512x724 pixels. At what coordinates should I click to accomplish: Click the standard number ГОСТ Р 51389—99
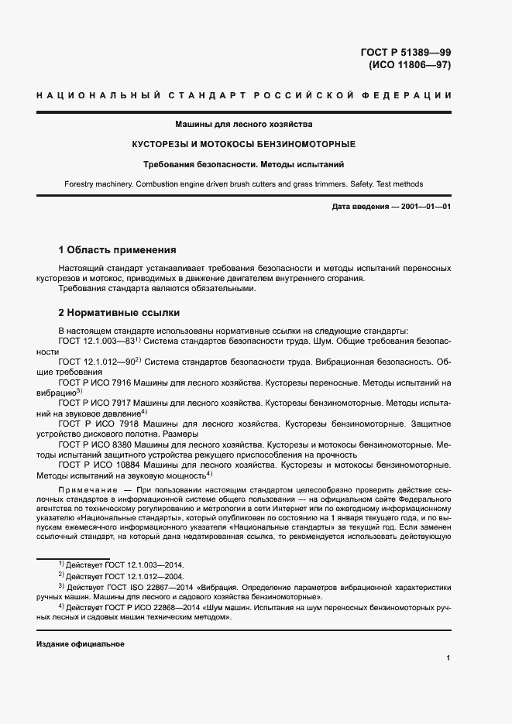406,53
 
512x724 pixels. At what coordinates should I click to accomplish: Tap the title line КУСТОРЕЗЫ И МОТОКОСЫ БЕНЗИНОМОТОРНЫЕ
243,144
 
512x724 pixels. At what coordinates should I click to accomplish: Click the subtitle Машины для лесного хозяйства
243,124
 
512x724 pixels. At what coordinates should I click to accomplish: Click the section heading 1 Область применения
118,250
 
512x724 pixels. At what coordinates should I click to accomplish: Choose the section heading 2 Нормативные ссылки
119,313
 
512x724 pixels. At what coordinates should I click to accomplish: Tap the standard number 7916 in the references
122,383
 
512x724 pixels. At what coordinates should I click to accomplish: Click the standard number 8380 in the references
122,445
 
